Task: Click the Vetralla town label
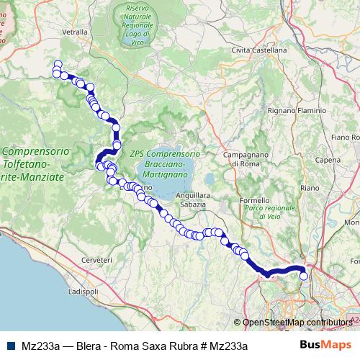coord(75,32)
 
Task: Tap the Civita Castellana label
coord(258,50)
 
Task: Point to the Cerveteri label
coord(97,258)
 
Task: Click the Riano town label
coord(310,187)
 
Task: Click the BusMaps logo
coord(330,346)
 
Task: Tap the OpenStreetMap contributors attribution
coord(297,323)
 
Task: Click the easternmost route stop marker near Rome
coord(304,275)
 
